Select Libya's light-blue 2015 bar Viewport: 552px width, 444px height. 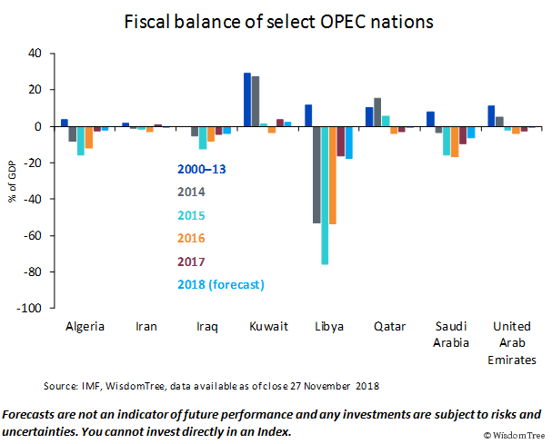(x=324, y=195)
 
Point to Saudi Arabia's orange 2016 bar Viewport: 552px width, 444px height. (x=455, y=142)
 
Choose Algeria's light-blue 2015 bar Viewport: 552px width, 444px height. (x=81, y=141)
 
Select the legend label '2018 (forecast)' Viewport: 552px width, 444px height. (x=221, y=284)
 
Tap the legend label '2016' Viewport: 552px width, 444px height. (x=192, y=238)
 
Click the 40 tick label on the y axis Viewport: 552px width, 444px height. (x=35, y=54)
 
